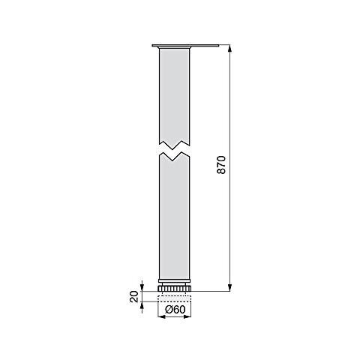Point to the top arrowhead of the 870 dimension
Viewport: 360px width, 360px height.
click(x=228, y=49)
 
